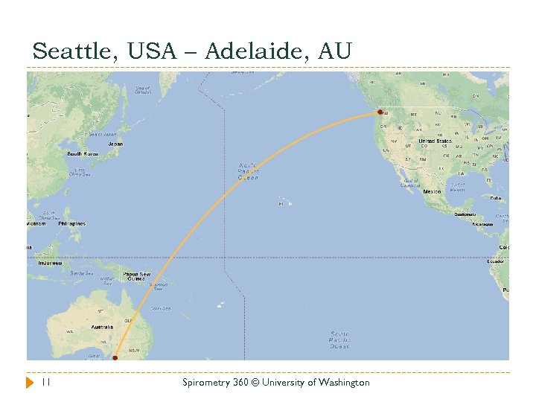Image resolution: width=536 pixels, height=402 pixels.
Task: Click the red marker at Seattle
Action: (x=380, y=112)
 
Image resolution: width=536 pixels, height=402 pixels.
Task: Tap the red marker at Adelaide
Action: (x=115, y=358)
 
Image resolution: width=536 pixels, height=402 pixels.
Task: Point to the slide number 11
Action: (x=45, y=383)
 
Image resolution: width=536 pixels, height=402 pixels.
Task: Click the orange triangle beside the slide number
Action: (x=30, y=383)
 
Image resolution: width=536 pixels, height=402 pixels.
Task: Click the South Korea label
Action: (x=83, y=154)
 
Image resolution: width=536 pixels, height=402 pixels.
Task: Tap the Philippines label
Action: (x=73, y=223)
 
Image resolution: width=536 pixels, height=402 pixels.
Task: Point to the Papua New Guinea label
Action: (x=135, y=275)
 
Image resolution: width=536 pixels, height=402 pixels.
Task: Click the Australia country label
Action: (x=101, y=326)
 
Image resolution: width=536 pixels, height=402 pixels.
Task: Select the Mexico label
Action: (x=432, y=191)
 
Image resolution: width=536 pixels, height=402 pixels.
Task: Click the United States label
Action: (x=435, y=141)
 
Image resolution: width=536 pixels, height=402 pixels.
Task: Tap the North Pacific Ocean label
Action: (x=249, y=171)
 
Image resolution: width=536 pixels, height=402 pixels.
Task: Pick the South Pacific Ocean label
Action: (x=340, y=339)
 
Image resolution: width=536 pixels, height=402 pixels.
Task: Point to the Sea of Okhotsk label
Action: (x=142, y=89)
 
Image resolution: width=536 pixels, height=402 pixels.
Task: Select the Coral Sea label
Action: (x=160, y=308)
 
